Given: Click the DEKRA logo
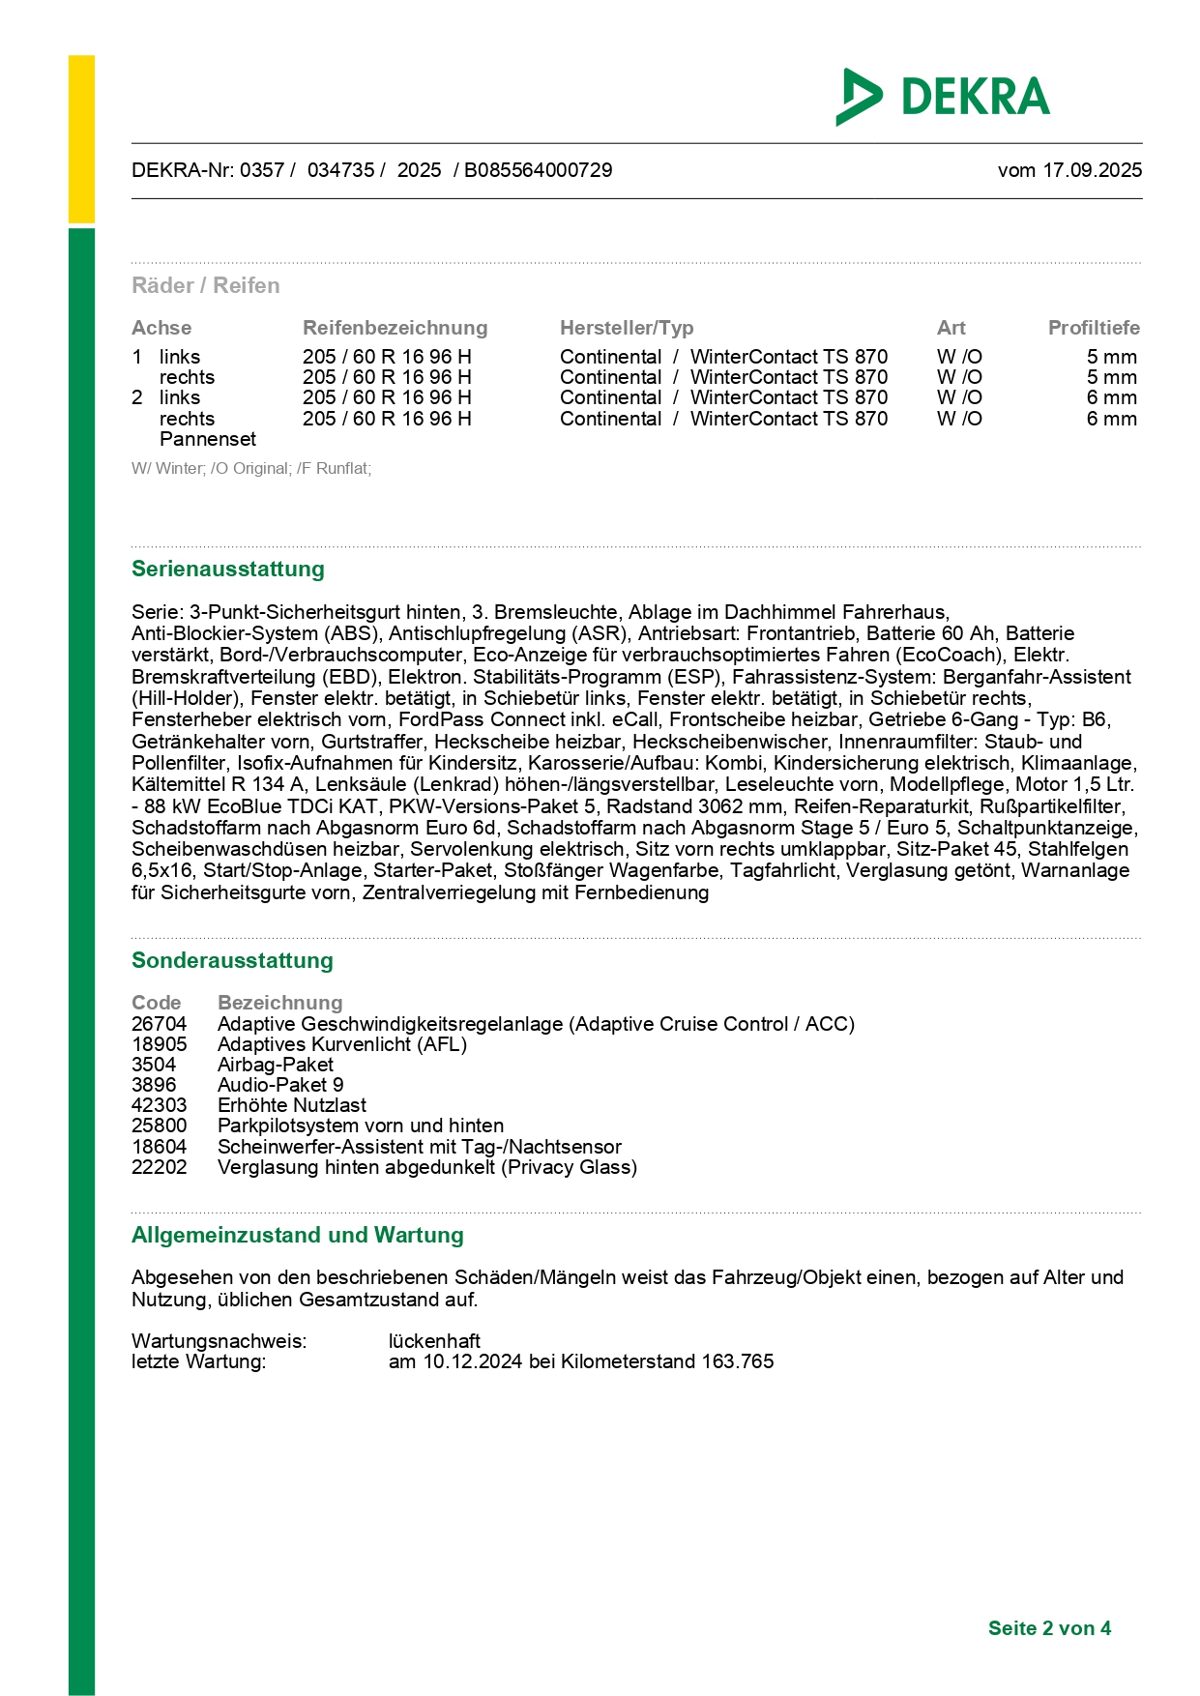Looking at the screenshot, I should (x=943, y=97).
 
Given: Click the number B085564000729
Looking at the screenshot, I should (x=538, y=170).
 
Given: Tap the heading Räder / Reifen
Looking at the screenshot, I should (x=206, y=285).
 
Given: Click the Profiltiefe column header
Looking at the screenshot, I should (x=1094, y=328).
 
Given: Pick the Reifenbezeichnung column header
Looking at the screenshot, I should (x=395, y=328).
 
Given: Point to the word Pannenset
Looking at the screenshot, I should (x=208, y=439).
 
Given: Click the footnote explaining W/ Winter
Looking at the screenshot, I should (x=251, y=469).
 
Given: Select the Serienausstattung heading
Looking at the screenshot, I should (x=228, y=569).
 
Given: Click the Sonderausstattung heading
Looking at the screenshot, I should (x=232, y=960).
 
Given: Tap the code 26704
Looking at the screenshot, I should (x=160, y=1024).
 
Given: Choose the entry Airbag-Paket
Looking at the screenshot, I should (x=276, y=1065).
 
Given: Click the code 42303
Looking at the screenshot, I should (x=160, y=1105).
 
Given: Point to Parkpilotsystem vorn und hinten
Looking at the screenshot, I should (x=361, y=1126).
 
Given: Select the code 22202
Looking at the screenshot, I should (x=160, y=1167).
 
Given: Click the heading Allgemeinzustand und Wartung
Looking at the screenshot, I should (x=298, y=1235).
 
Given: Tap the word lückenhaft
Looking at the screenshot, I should (x=434, y=1341).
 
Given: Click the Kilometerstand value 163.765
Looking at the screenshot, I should (x=738, y=1361).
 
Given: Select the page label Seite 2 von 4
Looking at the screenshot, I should (x=1049, y=1628).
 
